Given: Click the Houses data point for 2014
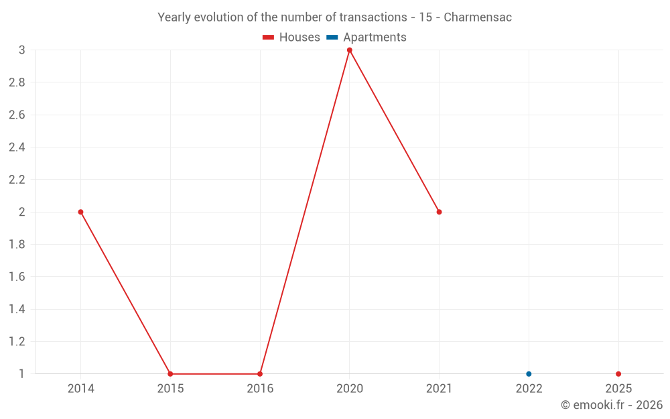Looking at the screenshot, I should click(x=80, y=212).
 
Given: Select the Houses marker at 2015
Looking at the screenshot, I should click(x=170, y=374).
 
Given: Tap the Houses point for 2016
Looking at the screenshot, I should click(x=260, y=374).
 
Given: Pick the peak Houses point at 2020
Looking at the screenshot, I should click(x=349, y=50).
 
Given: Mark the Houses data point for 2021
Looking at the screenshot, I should click(x=439, y=212).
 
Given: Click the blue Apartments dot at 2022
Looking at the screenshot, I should click(x=529, y=374).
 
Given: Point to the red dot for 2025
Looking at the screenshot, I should click(x=618, y=374).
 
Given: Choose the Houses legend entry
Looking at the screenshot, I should click(x=291, y=38).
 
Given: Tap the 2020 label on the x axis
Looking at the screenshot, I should click(x=349, y=389).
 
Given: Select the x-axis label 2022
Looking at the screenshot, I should click(x=529, y=389).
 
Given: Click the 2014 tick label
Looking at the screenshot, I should click(x=80, y=389).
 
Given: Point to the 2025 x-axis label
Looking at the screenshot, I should click(x=618, y=389).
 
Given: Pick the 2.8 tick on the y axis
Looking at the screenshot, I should click(x=17, y=82).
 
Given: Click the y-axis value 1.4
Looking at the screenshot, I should click(x=17, y=309).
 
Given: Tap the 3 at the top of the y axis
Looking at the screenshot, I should click(x=21, y=50).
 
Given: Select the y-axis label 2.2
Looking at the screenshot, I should click(x=17, y=180).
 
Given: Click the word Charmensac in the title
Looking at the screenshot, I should click(x=478, y=17).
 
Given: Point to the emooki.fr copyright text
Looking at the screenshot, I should click(x=612, y=405).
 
